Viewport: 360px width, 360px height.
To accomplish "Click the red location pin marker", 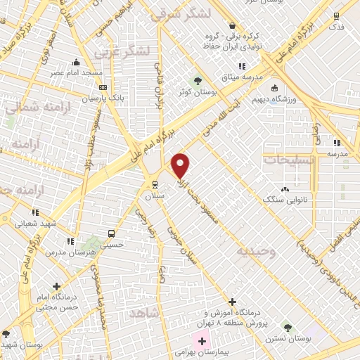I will pyautogui.click(x=181, y=165).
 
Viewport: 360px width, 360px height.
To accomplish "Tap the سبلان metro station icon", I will pyautogui.click(x=155, y=185).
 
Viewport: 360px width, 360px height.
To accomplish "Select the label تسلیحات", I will pyautogui.click(x=288, y=160).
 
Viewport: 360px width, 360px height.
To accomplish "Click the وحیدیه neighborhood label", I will pyautogui.click(x=256, y=250).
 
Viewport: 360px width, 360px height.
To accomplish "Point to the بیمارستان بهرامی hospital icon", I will pyautogui.click(x=202, y=341).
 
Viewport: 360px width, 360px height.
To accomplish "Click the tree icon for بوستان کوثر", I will pyautogui.click(x=198, y=79).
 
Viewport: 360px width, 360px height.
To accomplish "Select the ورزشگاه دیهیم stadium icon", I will pyautogui.click(x=274, y=89).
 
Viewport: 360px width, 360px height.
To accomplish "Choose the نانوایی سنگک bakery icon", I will pyautogui.click(x=285, y=188).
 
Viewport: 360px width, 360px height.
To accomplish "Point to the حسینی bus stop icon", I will pyautogui.click(x=111, y=233).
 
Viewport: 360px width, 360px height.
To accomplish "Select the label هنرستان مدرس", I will pyautogui.click(x=67, y=251).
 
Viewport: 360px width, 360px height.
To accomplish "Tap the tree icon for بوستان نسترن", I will pyautogui.click(x=287, y=327).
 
